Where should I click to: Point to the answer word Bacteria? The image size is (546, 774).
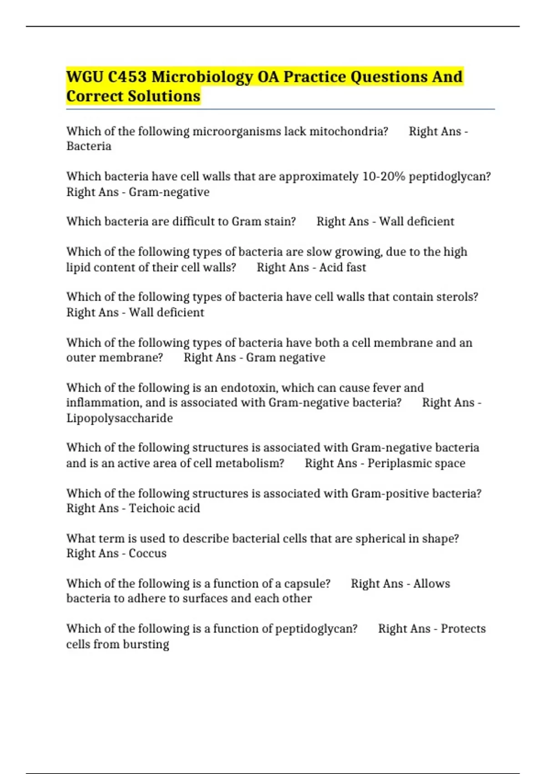click(x=89, y=146)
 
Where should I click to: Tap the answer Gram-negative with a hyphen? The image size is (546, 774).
click(x=169, y=192)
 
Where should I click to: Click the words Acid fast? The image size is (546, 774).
click(x=342, y=267)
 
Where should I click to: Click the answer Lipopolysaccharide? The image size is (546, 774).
click(x=120, y=418)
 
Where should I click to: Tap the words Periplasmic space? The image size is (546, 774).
click(x=416, y=463)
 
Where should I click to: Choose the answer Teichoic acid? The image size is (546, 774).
click(x=164, y=508)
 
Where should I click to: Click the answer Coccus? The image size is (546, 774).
click(x=147, y=553)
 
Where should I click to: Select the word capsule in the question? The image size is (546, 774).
click(x=307, y=583)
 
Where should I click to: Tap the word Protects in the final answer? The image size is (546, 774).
click(x=463, y=628)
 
